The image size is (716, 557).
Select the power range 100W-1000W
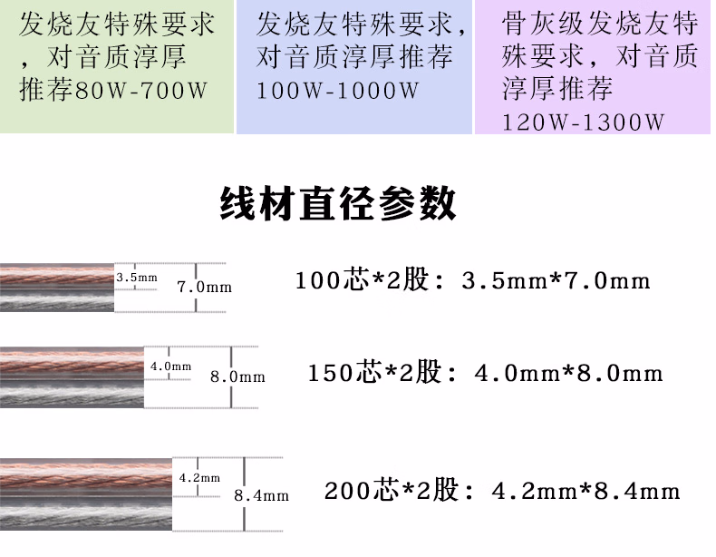pyautogui.click(x=337, y=92)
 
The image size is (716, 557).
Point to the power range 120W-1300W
pyautogui.click(x=583, y=121)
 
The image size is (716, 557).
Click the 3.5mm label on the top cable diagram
pyautogui.click(x=138, y=277)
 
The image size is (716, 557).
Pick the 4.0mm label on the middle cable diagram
pyautogui.click(x=171, y=366)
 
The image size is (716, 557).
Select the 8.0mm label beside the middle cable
pyautogui.click(x=237, y=376)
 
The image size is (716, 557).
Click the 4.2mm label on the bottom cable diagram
pyautogui.click(x=199, y=477)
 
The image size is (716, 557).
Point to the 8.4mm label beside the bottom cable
pyautogui.click(x=261, y=495)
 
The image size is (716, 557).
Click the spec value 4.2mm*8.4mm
pyautogui.click(x=585, y=492)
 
